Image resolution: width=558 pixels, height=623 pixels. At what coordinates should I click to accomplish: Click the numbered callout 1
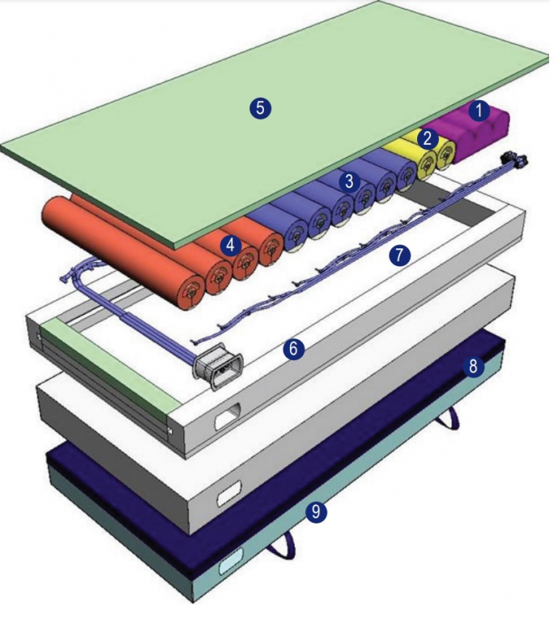point(479,110)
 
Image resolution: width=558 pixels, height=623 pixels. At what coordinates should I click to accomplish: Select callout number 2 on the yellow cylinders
point(428,138)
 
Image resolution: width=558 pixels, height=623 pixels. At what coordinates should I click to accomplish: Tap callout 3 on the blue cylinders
point(349,181)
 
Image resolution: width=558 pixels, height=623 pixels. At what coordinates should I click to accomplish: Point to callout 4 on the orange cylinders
point(231,243)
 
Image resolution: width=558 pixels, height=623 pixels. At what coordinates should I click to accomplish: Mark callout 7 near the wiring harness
point(398,255)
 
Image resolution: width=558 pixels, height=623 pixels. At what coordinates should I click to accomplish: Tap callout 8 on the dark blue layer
point(474,367)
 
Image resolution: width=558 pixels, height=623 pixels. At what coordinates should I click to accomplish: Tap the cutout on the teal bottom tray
point(231,561)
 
